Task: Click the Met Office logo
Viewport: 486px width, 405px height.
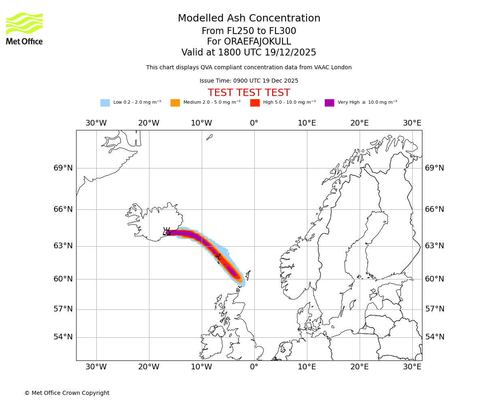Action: coord(24,28)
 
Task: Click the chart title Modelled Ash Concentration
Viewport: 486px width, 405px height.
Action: coord(249,19)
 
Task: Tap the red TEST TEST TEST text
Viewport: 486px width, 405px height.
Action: coord(249,93)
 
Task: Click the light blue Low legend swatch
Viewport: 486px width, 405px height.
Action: coord(105,102)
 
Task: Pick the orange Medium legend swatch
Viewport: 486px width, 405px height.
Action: coord(175,102)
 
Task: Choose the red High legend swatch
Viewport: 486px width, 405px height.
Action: coord(255,102)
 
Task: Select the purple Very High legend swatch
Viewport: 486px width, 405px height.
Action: coord(329,102)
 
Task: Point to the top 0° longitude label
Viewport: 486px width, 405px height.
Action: coord(254,123)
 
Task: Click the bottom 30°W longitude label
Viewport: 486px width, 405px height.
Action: coord(96,367)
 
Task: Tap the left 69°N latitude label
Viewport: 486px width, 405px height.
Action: coord(63,168)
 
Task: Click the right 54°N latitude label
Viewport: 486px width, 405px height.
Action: coord(435,337)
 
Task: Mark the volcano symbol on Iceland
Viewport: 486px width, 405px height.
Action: coord(166,231)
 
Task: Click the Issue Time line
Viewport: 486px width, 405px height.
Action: coord(249,81)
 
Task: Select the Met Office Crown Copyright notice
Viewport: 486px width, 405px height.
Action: coord(67,393)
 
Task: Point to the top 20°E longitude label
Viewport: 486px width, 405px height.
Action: coord(359,123)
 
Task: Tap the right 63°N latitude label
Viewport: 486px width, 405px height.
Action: coord(435,246)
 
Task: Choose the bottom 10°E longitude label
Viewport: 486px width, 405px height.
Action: coord(307,367)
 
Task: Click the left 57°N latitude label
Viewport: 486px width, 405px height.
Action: coord(63,309)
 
